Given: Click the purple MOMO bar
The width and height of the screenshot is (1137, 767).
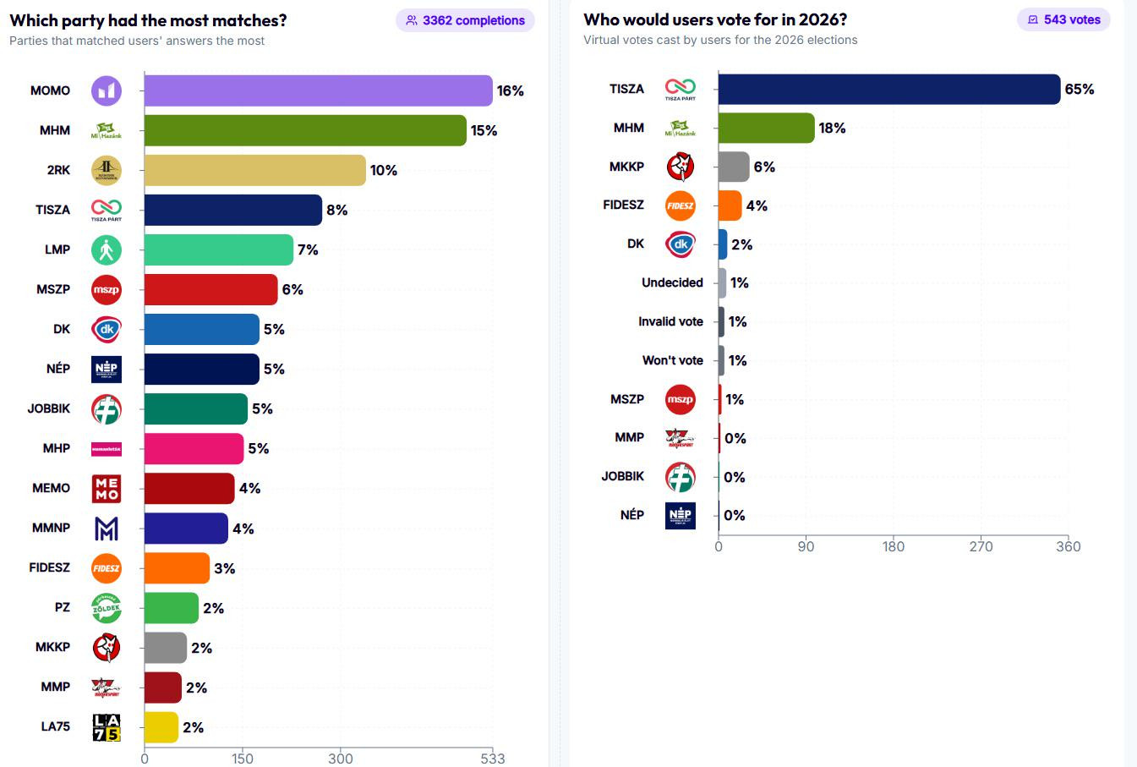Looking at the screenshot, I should pos(318,90).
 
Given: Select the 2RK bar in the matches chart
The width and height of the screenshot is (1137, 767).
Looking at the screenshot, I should pos(254,170).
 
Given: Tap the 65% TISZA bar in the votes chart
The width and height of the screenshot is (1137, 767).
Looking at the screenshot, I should pos(888,89).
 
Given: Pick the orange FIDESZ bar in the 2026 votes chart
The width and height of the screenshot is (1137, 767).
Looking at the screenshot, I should pos(730,205).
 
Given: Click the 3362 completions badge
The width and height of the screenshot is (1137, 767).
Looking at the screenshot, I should pos(465,20).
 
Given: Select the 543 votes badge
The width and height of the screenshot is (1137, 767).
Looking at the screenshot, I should pos(1063,19).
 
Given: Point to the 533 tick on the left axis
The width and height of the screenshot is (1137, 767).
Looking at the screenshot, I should pos(492,758).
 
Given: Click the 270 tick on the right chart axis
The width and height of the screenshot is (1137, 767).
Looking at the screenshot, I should pos(981,546).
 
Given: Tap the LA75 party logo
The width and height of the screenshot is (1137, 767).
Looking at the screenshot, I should pos(107,727).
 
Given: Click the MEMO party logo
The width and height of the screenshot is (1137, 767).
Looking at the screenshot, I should pos(107,488).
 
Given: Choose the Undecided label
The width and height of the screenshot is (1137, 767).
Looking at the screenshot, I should pos(672,282).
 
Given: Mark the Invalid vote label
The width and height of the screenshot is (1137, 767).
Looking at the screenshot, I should pos(670,321).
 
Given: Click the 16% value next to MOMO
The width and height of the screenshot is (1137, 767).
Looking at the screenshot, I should pos(511,90).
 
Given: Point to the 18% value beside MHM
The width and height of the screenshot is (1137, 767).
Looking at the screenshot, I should pos(832,128).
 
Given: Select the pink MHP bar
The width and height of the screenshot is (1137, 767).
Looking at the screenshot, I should pos(194,448).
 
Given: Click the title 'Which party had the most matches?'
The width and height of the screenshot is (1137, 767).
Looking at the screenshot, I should pos(148,20).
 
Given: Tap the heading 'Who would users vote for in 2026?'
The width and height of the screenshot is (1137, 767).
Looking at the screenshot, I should pos(715,19).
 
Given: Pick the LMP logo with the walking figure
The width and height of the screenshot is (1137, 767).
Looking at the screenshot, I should pos(107,249).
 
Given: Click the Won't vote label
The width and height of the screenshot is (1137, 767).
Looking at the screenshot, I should pos(672,360).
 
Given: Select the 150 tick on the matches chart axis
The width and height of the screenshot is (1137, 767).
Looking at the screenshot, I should pos(243,758).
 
